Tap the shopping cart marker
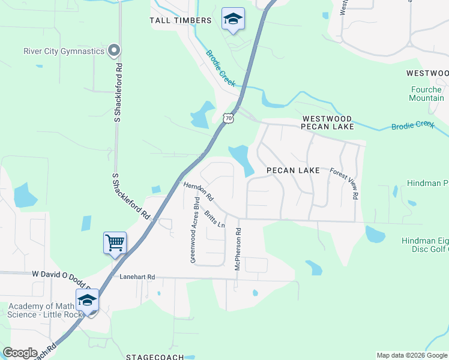point(115,243)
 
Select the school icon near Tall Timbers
point(232,20)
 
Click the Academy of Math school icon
point(87,300)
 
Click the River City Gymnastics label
point(64,51)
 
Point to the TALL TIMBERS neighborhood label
point(181,20)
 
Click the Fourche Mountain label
point(427,94)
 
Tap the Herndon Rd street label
point(199,191)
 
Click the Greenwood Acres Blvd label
point(194,230)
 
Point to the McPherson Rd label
point(238,248)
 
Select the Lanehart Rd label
point(137,277)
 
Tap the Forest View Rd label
point(345,183)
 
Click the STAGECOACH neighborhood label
point(151,356)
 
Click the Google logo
point(20,353)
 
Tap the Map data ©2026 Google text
point(411,355)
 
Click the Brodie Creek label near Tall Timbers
point(221,68)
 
